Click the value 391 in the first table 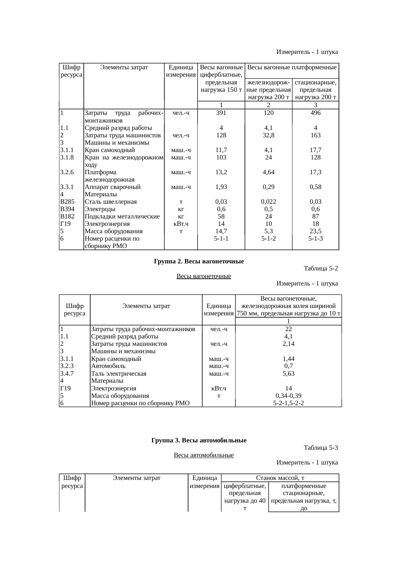221,113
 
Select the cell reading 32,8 268,135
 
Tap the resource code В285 67,202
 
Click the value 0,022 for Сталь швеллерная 268,202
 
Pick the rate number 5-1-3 316,238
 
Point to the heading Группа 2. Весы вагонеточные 199,261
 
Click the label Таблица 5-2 320,269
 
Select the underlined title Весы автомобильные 203,455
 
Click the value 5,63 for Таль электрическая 288,373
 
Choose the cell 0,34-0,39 288,396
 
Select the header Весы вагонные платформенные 292,67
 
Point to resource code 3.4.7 67,373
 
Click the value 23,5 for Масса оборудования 316,231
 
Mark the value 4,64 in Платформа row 268,172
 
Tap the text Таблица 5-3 320,448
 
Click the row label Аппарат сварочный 112,187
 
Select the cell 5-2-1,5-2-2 288,403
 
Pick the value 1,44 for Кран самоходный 288,359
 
